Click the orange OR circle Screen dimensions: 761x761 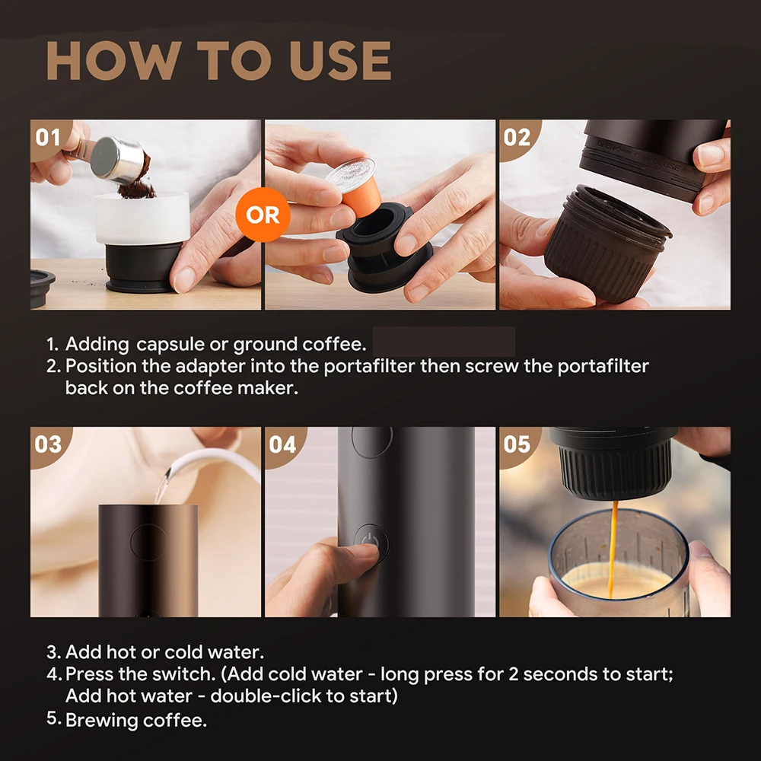(x=263, y=215)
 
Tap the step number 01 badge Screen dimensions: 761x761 (x=48, y=138)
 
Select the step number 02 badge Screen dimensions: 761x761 (x=517, y=138)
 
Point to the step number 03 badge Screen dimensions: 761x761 (x=48, y=444)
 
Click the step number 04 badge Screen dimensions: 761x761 (x=282, y=444)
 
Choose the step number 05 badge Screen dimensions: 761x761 (x=517, y=444)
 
